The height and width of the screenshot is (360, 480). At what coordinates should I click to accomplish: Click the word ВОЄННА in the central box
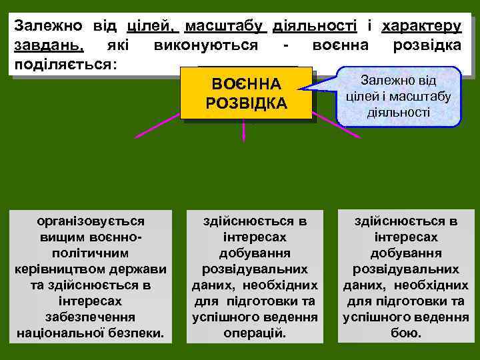point(246,85)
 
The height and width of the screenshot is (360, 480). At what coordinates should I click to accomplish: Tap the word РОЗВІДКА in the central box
point(246,104)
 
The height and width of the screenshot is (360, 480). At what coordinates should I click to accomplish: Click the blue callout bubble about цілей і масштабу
point(398,96)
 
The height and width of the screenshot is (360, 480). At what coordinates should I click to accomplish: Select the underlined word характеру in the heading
point(421,27)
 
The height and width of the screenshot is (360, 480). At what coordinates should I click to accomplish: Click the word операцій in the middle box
point(255,332)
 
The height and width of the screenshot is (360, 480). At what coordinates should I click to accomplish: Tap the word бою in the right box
point(405,332)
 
